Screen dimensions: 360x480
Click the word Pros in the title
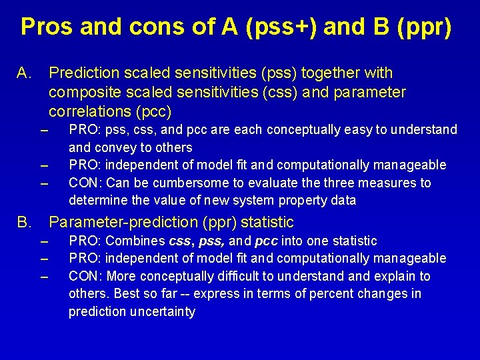click(x=48, y=27)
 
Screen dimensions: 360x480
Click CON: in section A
click(x=85, y=183)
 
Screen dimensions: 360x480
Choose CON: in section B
click(x=85, y=276)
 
